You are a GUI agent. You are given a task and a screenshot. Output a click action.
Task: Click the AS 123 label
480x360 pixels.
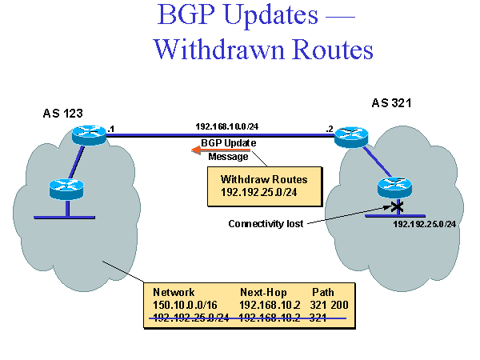pos(63,114)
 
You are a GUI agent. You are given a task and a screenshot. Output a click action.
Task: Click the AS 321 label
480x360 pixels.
pos(392,103)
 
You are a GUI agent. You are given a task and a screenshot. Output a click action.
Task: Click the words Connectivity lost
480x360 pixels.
pos(266,224)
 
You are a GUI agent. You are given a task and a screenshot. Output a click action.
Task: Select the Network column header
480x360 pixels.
pos(174,292)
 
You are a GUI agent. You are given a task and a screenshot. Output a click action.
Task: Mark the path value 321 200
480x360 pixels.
pos(330,305)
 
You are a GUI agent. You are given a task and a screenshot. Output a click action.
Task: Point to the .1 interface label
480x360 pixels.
pos(111,129)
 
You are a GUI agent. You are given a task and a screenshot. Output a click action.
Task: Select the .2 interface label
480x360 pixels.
pos(329,129)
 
